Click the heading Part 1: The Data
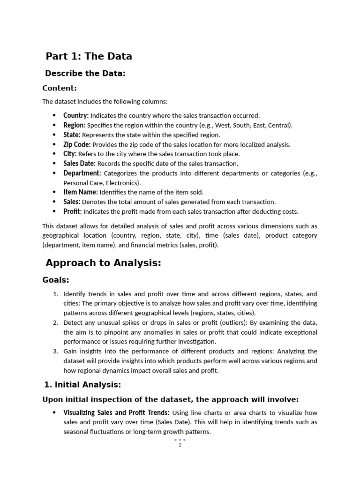(x=89, y=57)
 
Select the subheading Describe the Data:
(x=85, y=74)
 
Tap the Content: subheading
(x=60, y=88)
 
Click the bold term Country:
(x=76, y=116)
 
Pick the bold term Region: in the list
(x=75, y=125)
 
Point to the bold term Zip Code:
(x=77, y=144)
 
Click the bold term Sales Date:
(x=79, y=164)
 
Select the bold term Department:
(x=82, y=173)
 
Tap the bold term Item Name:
(x=81, y=192)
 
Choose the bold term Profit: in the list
(x=73, y=211)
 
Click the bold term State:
(x=72, y=135)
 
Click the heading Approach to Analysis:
(x=103, y=263)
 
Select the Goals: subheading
(x=56, y=280)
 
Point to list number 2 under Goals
(x=55, y=322)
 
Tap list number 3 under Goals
(x=55, y=351)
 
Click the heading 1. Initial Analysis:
(x=82, y=385)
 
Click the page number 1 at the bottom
(x=180, y=445)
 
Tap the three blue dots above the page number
(x=180, y=440)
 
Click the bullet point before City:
(x=54, y=154)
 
